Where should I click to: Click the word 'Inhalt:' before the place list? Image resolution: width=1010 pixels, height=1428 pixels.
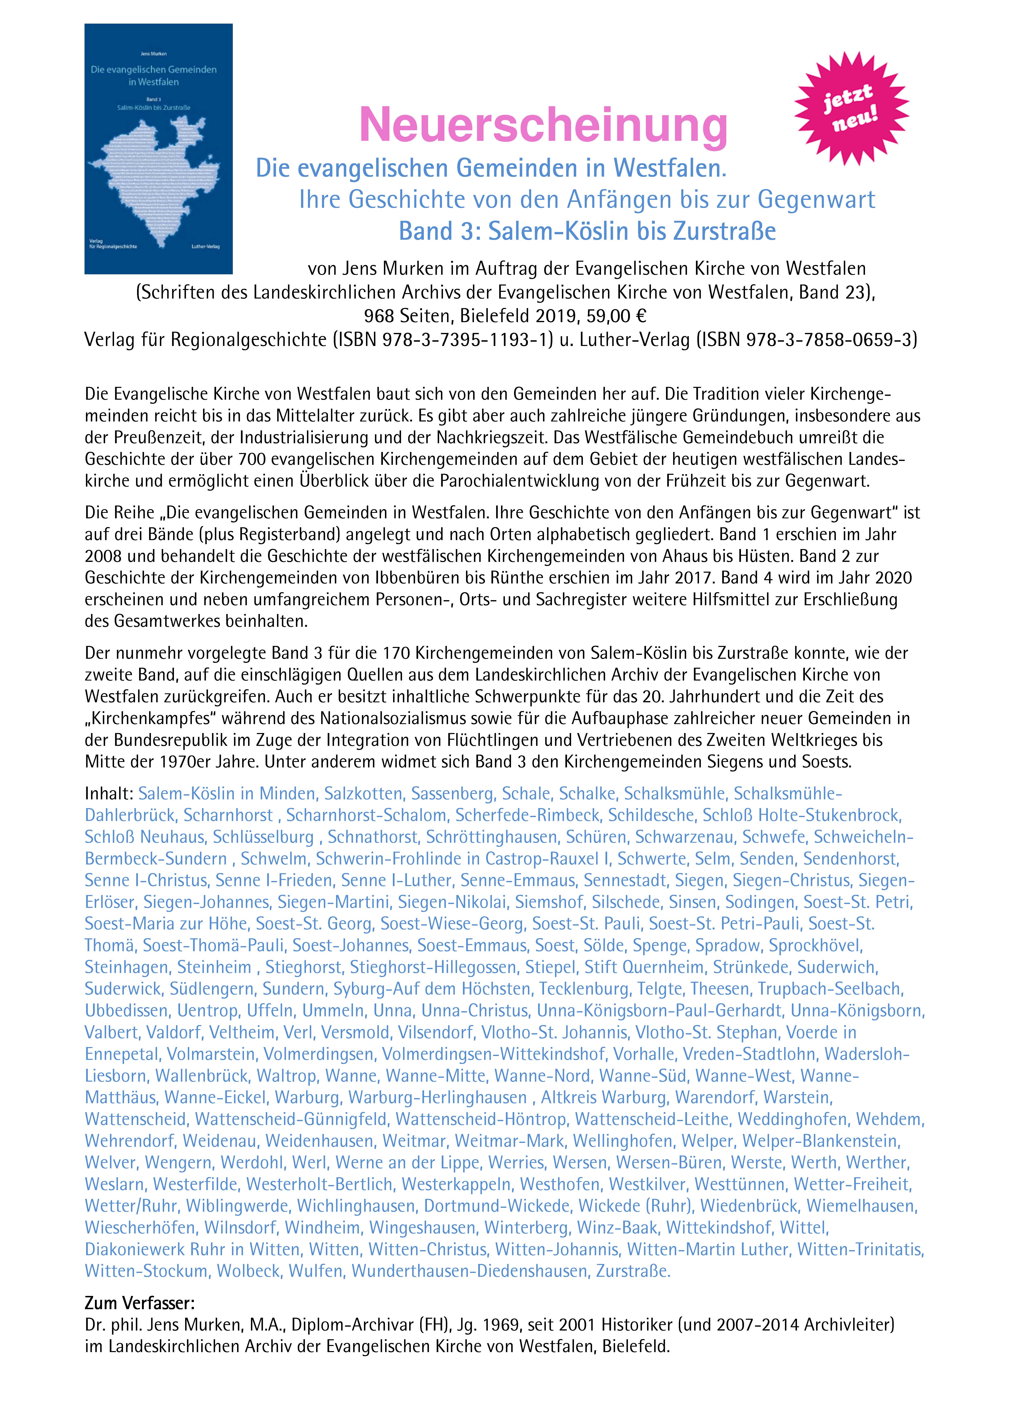click(x=109, y=794)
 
